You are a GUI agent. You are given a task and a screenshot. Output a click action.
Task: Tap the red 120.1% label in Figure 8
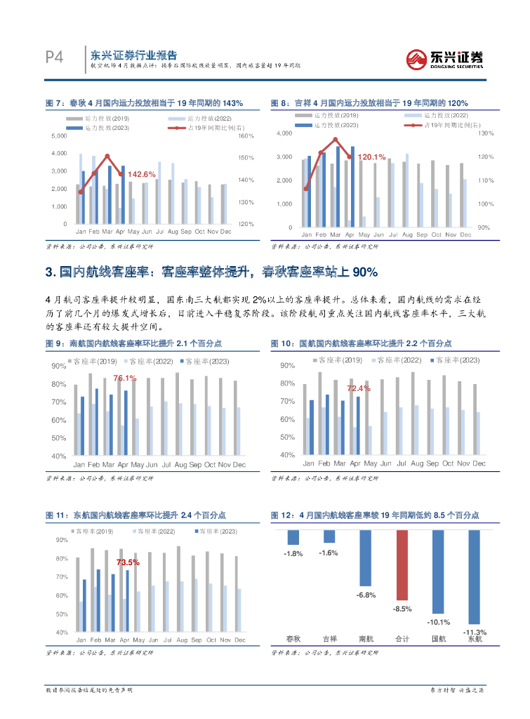(371, 157)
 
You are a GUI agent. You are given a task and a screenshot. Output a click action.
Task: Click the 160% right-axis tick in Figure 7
(246, 135)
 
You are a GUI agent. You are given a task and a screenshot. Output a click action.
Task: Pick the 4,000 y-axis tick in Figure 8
(284, 133)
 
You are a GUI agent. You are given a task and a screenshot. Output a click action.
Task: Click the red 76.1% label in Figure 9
(125, 378)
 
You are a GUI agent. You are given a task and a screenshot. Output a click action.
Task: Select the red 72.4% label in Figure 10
(358, 388)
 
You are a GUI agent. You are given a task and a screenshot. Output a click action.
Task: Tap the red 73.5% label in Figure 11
(128, 562)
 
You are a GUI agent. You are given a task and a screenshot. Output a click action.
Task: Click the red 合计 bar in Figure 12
(402, 565)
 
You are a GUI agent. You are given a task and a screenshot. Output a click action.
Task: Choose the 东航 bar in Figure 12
(475, 576)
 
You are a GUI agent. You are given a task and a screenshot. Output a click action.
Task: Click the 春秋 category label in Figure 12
(293, 639)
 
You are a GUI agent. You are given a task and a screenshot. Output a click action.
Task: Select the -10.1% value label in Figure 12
(438, 622)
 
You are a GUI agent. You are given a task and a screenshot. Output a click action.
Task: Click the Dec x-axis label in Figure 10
(479, 463)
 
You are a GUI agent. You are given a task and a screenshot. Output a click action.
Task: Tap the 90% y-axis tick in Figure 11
(61, 539)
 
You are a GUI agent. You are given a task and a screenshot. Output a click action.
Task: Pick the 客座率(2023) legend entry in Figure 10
(455, 360)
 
